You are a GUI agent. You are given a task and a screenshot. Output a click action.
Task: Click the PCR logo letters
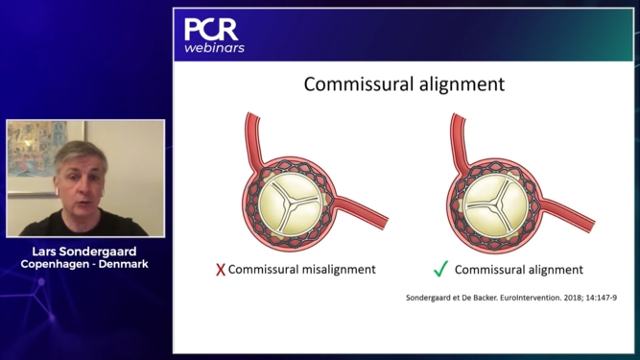(x=211, y=29)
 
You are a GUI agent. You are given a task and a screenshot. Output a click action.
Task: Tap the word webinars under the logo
(x=214, y=47)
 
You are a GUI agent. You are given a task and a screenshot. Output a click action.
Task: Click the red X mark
(x=221, y=270)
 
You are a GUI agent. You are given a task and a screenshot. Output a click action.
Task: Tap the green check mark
(x=439, y=269)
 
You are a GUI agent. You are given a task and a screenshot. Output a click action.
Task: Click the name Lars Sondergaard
(x=84, y=252)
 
